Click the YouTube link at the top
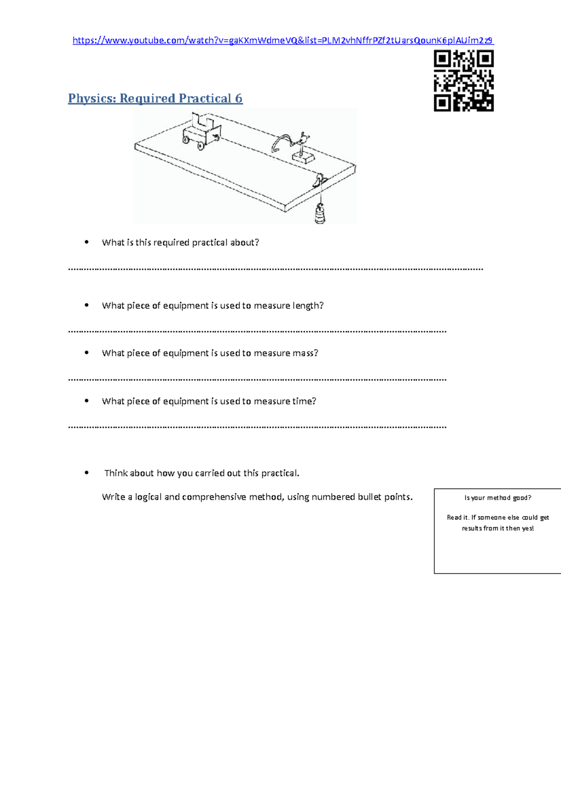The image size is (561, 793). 283,41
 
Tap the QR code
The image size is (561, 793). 464,81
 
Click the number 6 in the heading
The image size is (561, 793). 238,99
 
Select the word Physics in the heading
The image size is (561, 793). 92,99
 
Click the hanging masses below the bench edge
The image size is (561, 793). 320,215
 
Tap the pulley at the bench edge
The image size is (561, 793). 320,180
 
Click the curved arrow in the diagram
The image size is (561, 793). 282,142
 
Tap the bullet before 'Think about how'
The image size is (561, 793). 86,473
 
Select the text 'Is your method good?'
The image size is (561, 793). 498,498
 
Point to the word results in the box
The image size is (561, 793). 472,529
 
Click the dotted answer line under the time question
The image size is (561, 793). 257,427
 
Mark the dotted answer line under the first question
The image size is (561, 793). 276,269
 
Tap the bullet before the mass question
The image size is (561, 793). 86,353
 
